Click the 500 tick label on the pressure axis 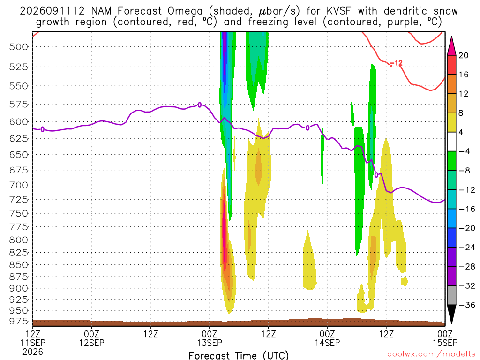pyautogui.click(x=19, y=47)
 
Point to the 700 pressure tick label pyautogui.click(x=19, y=185)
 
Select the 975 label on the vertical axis pyautogui.click(x=19, y=321)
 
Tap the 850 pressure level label pyautogui.click(x=19, y=265)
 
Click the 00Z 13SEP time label pyautogui.click(x=210, y=338)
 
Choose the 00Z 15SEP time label pyautogui.click(x=445, y=338)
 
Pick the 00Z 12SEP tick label pyautogui.click(x=91, y=338)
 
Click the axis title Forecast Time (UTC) pyautogui.click(x=239, y=355)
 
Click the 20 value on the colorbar pyautogui.click(x=463, y=55)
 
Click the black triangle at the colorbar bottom pyautogui.click(x=451, y=314)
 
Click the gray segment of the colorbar pyautogui.click(x=451, y=295)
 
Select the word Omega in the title pyautogui.click(x=185, y=12)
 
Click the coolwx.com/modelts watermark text pyautogui.click(x=431, y=354)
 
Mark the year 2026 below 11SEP pyautogui.click(x=33, y=352)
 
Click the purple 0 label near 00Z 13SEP pyautogui.click(x=200, y=105)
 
